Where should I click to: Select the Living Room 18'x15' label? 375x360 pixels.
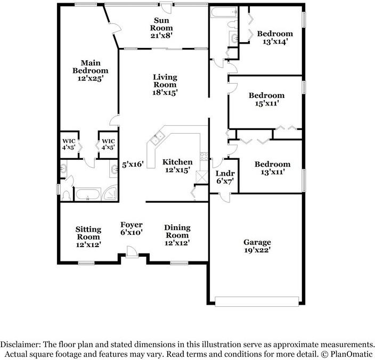tap(165, 85)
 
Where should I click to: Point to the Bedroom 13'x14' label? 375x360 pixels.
tap(275, 38)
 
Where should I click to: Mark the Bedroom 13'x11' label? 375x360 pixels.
tap(272, 168)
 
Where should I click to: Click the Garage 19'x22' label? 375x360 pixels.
tap(257, 246)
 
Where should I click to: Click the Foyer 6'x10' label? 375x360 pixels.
tap(131, 228)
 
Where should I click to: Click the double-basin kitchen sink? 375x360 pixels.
tap(157, 141)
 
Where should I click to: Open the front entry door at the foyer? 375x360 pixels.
tap(131, 252)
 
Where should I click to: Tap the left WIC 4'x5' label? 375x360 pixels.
tap(69, 144)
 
